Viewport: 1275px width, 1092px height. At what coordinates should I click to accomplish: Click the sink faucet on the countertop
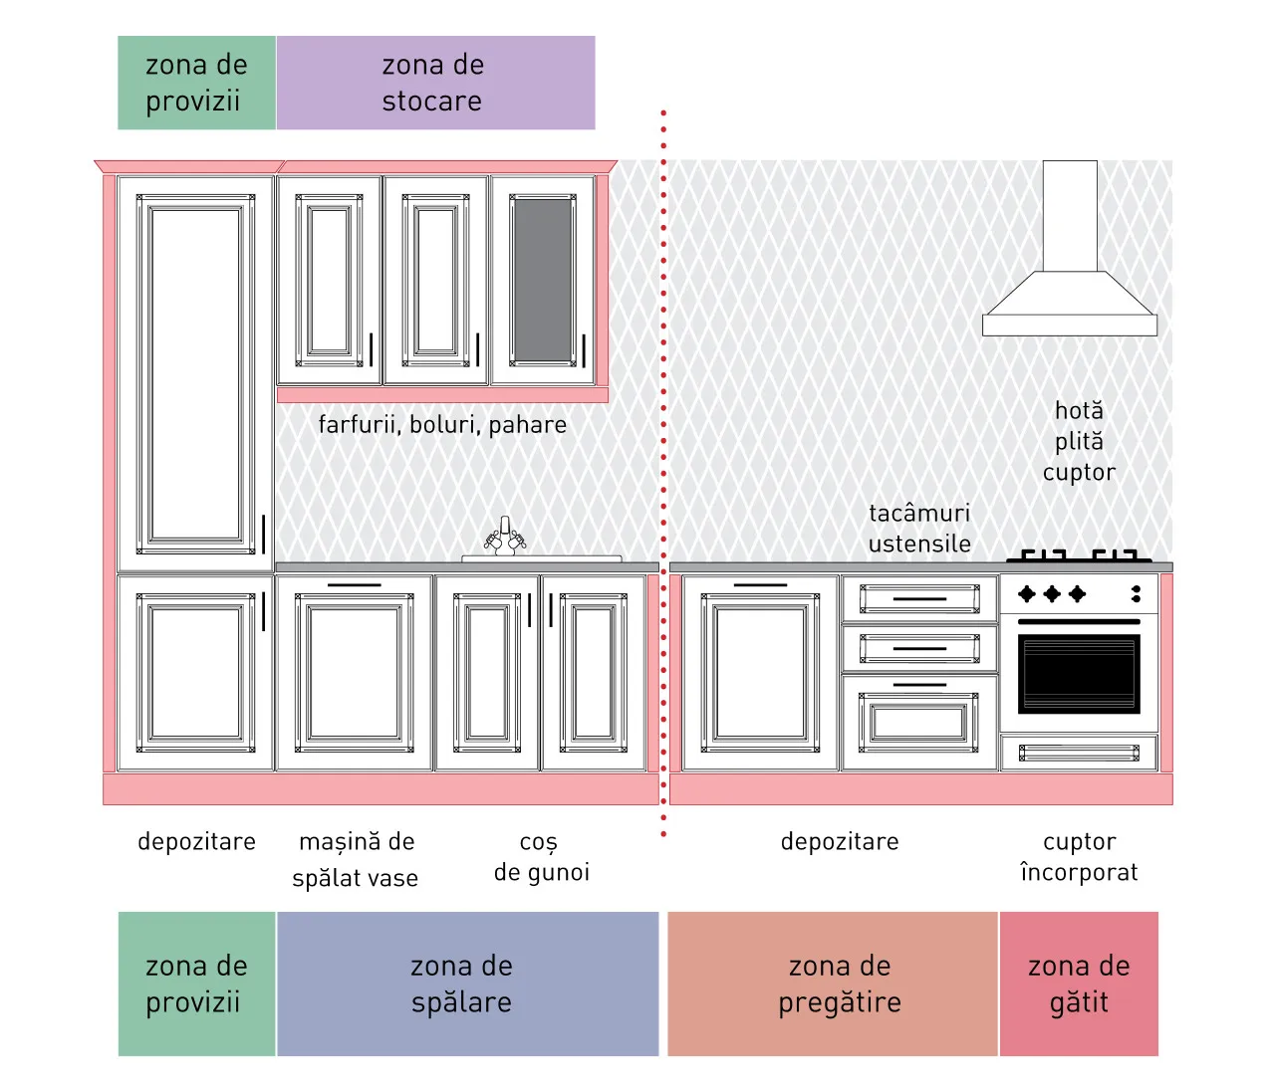click(x=505, y=536)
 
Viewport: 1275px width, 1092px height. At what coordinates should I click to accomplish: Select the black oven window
click(x=1079, y=674)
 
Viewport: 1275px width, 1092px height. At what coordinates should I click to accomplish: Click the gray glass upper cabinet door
click(x=543, y=281)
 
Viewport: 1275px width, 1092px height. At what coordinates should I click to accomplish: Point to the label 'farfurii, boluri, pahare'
click(x=442, y=425)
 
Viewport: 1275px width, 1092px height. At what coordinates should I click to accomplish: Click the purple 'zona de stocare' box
click(x=435, y=83)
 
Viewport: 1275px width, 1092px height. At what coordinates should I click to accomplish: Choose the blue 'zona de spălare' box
click(x=467, y=983)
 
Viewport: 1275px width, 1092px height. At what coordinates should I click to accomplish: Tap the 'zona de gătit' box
click(x=1079, y=983)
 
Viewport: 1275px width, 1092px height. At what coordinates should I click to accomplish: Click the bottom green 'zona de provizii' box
click(x=197, y=983)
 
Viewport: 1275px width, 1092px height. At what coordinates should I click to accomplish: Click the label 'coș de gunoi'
click(x=542, y=857)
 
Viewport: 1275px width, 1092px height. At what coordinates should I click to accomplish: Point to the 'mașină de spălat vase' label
click(x=356, y=859)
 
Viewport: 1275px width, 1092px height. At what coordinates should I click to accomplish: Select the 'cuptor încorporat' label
click(x=1079, y=857)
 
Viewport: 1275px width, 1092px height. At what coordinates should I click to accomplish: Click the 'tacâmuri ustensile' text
click(x=919, y=529)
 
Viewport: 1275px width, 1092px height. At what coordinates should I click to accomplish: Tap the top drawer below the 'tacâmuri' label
click(x=919, y=598)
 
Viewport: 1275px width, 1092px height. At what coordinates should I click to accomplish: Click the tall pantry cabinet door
click(x=195, y=374)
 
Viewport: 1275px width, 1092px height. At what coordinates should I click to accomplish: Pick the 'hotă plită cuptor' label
click(x=1079, y=442)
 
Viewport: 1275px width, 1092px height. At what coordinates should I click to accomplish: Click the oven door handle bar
click(x=1079, y=622)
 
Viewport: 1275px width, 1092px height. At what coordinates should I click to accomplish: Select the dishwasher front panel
click(x=354, y=673)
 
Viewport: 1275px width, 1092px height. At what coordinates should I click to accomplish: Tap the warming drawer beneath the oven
click(x=1079, y=753)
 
